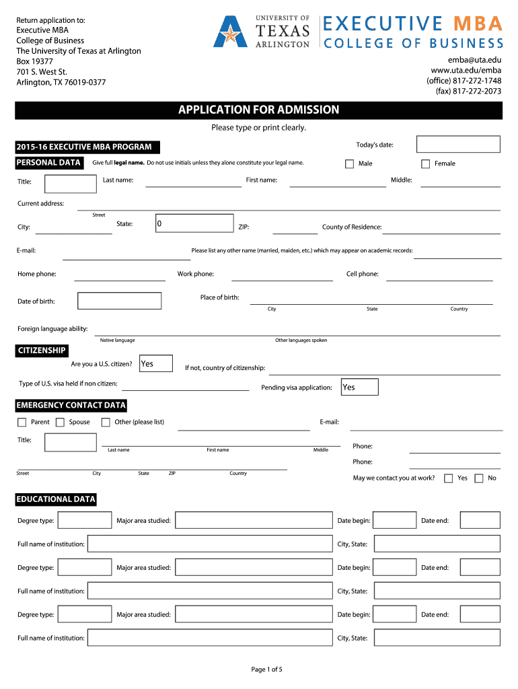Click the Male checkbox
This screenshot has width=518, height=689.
349,164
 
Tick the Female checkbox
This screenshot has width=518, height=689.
425,164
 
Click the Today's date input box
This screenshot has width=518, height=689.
458,144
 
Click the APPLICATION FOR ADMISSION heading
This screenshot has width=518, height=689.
258,110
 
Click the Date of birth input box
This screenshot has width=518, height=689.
120,301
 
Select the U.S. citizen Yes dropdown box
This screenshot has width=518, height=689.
155,363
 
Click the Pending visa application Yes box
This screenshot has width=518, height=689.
360,387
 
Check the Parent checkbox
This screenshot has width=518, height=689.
22,423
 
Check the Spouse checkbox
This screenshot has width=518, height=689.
60,423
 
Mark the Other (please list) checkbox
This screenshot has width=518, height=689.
106,423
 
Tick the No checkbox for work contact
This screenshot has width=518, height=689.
479,478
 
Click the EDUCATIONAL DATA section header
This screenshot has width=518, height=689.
56,499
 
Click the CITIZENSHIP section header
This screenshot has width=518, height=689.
41,351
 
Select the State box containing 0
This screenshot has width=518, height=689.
194,224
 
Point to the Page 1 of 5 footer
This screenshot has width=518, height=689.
266,669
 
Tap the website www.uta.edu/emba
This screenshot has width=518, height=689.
466,71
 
